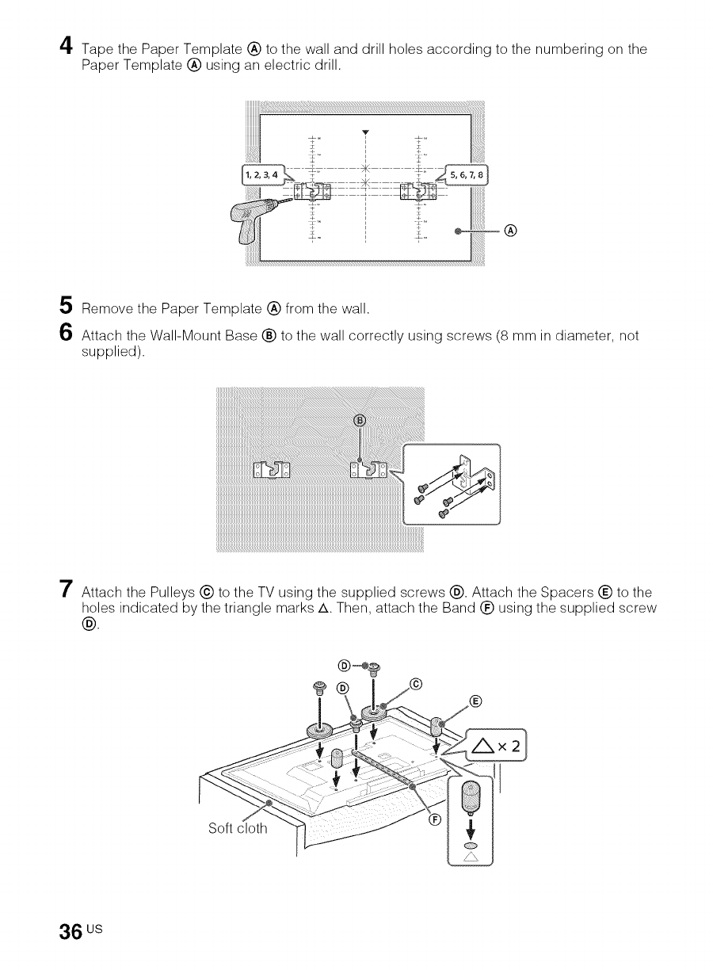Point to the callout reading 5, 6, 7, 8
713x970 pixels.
469,175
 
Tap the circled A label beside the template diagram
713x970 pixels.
511,231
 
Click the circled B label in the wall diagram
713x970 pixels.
358,419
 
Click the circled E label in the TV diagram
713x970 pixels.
475,701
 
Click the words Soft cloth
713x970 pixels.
237,830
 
